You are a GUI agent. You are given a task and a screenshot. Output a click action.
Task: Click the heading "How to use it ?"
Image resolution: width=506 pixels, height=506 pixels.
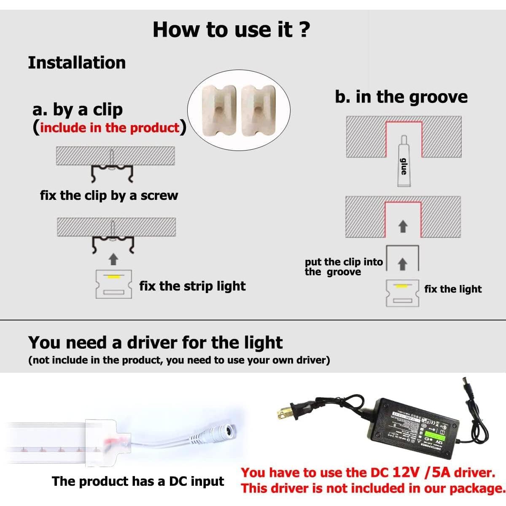click(x=231, y=30)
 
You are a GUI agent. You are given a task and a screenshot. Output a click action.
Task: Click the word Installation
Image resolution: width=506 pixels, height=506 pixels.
click(x=77, y=63)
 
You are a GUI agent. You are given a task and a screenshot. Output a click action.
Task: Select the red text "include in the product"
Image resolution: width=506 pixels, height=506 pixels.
click(x=110, y=128)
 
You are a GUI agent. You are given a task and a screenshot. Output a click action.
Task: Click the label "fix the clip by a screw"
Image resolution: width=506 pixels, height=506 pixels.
click(x=109, y=196)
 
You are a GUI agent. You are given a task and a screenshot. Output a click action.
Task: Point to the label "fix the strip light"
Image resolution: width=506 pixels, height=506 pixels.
click(x=192, y=286)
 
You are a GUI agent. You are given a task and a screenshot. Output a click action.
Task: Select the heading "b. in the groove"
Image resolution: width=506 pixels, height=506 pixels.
click(x=401, y=97)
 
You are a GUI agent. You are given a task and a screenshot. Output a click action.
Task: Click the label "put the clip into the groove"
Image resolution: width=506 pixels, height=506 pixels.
click(x=343, y=267)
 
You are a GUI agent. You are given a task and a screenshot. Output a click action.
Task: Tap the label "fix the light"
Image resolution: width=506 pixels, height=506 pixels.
click(x=453, y=289)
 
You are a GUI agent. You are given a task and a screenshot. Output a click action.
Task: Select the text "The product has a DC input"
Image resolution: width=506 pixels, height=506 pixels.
click(x=138, y=482)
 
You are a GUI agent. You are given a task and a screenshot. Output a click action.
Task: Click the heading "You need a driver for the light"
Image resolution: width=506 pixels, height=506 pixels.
click(x=155, y=343)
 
